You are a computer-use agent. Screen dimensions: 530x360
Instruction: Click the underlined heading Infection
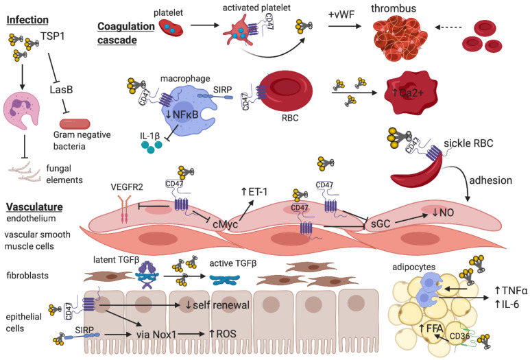(27, 20)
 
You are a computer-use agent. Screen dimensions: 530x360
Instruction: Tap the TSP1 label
(52, 36)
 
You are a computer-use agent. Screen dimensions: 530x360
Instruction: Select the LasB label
(61, 90)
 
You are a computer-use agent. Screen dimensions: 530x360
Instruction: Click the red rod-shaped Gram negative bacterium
(75, 123)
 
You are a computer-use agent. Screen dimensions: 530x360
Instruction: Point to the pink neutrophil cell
(21, 111)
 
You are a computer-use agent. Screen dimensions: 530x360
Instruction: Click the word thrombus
(394, 8)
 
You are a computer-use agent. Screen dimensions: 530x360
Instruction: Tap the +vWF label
(341, 14)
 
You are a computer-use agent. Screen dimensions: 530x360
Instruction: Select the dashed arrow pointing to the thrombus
(448, 27)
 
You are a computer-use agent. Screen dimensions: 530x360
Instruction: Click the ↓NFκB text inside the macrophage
(182, 115)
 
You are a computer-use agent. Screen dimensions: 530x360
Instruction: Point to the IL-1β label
(149, 136)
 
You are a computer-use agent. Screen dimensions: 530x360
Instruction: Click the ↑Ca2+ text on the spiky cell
(408, 93)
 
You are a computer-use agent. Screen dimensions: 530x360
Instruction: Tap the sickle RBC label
(468, 143)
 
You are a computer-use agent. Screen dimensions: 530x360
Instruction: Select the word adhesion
(490, 180)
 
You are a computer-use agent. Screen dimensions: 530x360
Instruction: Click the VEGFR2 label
(127, 187)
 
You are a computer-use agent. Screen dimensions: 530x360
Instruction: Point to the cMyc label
(225, 224)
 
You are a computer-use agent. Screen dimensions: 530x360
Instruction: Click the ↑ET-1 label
(254, 192)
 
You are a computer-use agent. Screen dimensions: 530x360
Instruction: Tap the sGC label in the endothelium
(381, 224)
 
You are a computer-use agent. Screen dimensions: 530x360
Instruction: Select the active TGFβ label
(233, 263)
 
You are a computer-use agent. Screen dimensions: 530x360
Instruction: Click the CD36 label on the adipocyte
(459, 336)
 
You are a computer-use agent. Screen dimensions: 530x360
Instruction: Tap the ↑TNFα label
(510, 290)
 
